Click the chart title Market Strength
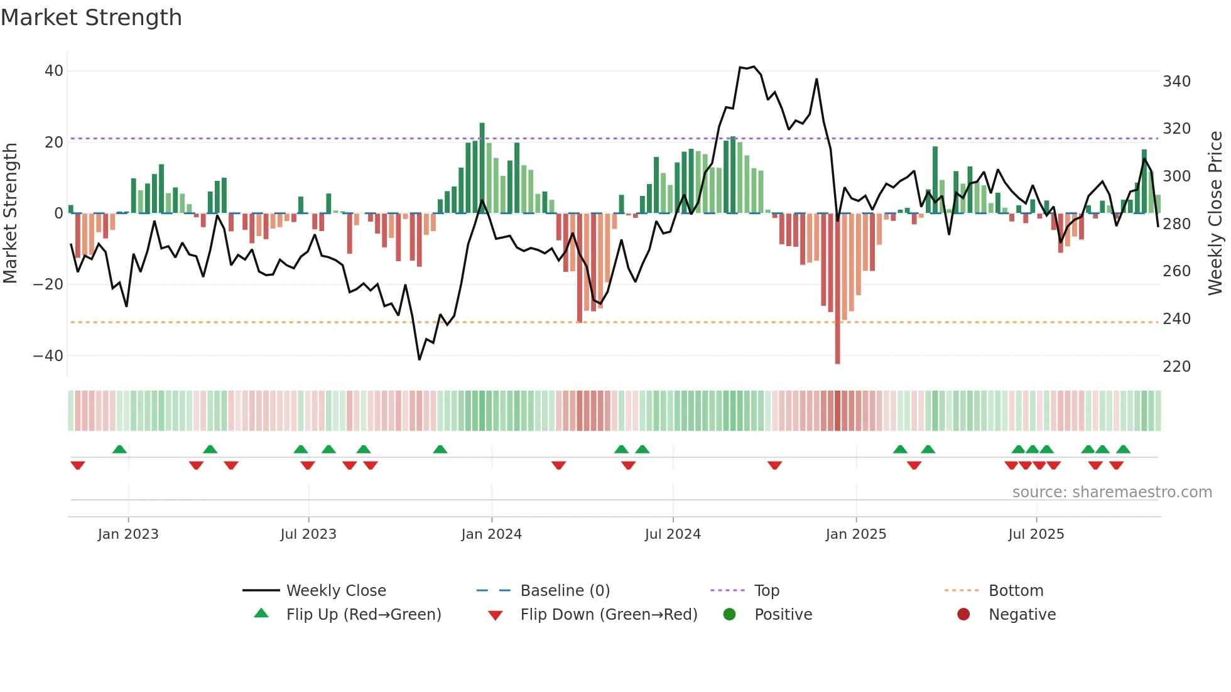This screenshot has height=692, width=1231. tap(91, 18)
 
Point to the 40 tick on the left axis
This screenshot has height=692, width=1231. tap(54, 71)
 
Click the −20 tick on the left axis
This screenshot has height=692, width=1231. tap(48, 284)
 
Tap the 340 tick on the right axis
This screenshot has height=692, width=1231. tap(1176, 81)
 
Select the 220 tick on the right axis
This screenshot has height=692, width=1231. tap(1176, 366)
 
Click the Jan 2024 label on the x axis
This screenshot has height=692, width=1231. tap(491, 534)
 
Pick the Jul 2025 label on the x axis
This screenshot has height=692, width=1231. tap(1036, 534)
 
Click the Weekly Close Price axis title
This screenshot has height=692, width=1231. tap(1215, 213)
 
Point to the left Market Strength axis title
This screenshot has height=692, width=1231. tap(10, 213)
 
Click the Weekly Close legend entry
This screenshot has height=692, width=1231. tap(335, 591)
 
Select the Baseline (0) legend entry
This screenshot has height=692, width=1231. tap(565, 591)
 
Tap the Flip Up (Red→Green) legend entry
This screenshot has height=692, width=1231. tap(363, 615)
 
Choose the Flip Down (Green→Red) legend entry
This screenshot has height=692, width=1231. tap(608, 615)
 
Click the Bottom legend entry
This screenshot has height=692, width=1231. tap(1016, 591)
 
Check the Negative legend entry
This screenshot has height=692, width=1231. tap(1022, 615)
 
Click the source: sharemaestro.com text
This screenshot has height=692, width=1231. tap(1112, 492)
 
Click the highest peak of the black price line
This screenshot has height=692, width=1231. tap(754, 66)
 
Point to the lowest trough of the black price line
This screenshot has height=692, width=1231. tap(420, 359)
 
